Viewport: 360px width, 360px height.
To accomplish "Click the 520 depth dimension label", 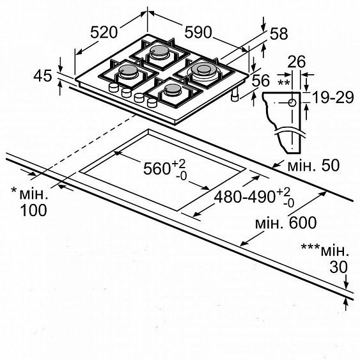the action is pyautogui.click(x=104, y=33).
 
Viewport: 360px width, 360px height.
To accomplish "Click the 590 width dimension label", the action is pyautogui.click(x=198, y=32).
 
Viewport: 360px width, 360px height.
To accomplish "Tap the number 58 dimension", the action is pyautogui.click(x=279, y=34).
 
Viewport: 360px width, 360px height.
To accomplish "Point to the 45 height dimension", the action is pyautogui.click(x=43, y=75).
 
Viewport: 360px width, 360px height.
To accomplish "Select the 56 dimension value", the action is pyautogui.click(x=261, y=81).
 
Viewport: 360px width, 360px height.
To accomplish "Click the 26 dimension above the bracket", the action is pyautogui.click(x=296, y=61).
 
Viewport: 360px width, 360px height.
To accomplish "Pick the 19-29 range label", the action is pyautogui.click(x=333, y=97).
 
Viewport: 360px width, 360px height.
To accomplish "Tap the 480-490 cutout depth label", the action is pyautogui.click(x=244, y=197).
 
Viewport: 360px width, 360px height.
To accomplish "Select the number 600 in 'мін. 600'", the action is pyautogui.click(x=303, y=223).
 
